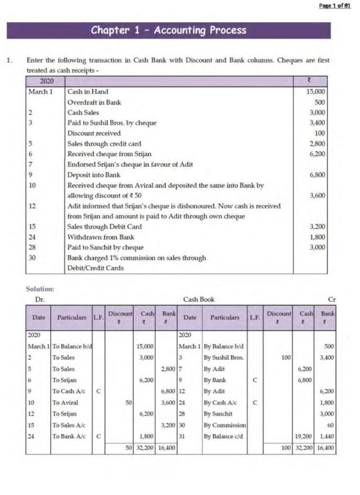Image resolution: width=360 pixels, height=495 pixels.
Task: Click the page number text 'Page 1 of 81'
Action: pos(335,5)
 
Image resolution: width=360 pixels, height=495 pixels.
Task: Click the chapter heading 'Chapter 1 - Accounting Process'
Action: pos(168,30)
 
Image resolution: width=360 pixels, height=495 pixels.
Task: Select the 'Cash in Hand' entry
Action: pos(87,92)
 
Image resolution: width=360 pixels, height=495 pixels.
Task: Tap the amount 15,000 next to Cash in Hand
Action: pos(316,92)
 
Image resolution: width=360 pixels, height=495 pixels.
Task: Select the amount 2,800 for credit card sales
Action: pos(317,143)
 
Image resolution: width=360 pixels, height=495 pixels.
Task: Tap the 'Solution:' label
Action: pos(40,289)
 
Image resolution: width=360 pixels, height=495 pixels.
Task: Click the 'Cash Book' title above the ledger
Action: pos(199,300)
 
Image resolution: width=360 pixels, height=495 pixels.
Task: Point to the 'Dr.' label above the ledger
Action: pos(39,300)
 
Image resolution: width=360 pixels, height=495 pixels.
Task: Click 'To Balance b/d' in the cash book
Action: pos(71,346)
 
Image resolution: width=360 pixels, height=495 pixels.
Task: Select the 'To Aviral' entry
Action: pos(64,403)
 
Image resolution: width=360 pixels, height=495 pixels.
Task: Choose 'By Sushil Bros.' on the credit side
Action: pos(223,357)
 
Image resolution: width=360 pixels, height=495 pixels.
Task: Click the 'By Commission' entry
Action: pos(224,425)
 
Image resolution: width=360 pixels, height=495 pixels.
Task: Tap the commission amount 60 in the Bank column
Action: pos(331,425)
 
